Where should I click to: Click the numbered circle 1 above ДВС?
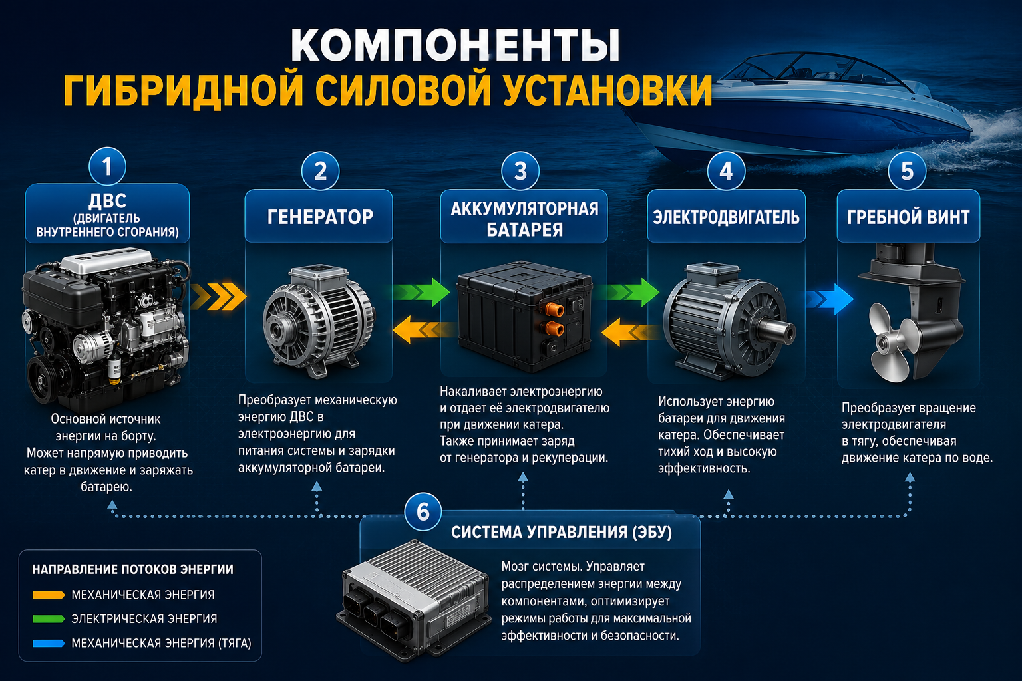pyautogui.click(x=107, y=166)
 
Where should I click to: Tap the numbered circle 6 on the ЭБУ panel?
pyautogui.click(x=423, y=511)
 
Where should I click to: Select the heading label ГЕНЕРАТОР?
pyautogui.click(x=320, y=217)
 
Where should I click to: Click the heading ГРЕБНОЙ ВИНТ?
pyautogui.click(x=908, y=217)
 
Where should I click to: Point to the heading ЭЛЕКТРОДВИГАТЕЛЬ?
pyautogui.click(x=726, y=217)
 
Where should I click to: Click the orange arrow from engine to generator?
pyautogui.click(x=218, y=297)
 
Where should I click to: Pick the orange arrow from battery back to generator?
pyautogui.click(x=423, y=329)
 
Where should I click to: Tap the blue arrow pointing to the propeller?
pyautogui.click(x=829, y=299)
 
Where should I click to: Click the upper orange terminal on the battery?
pyautogui.click(x=552, y=309)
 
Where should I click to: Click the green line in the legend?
pyautogui.click(x=49, y=619)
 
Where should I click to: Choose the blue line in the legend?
pyautogui.click(x=49, y=644)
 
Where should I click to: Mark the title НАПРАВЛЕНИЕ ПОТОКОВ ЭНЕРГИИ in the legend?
pyautogui.click(x=133, y=569)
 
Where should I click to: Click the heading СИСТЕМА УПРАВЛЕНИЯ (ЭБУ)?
pyautogui.click(x=562, y=532)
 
